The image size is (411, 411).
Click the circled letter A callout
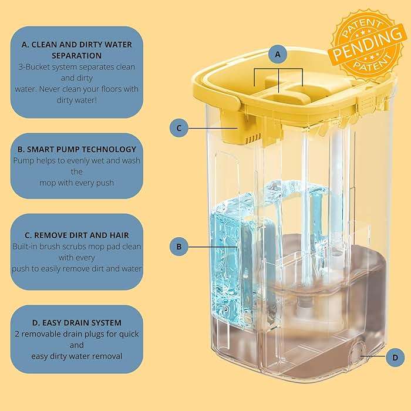tap(278, 55)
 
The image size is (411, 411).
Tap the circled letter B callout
tap(179, 246)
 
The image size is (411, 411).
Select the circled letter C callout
tap(179, 128)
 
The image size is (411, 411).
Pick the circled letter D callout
tap(395, 356)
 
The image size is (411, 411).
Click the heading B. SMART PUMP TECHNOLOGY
tap(76, 149)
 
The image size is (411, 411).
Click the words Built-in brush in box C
tap(40, 247)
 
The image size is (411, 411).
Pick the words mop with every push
tap(76, 183)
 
